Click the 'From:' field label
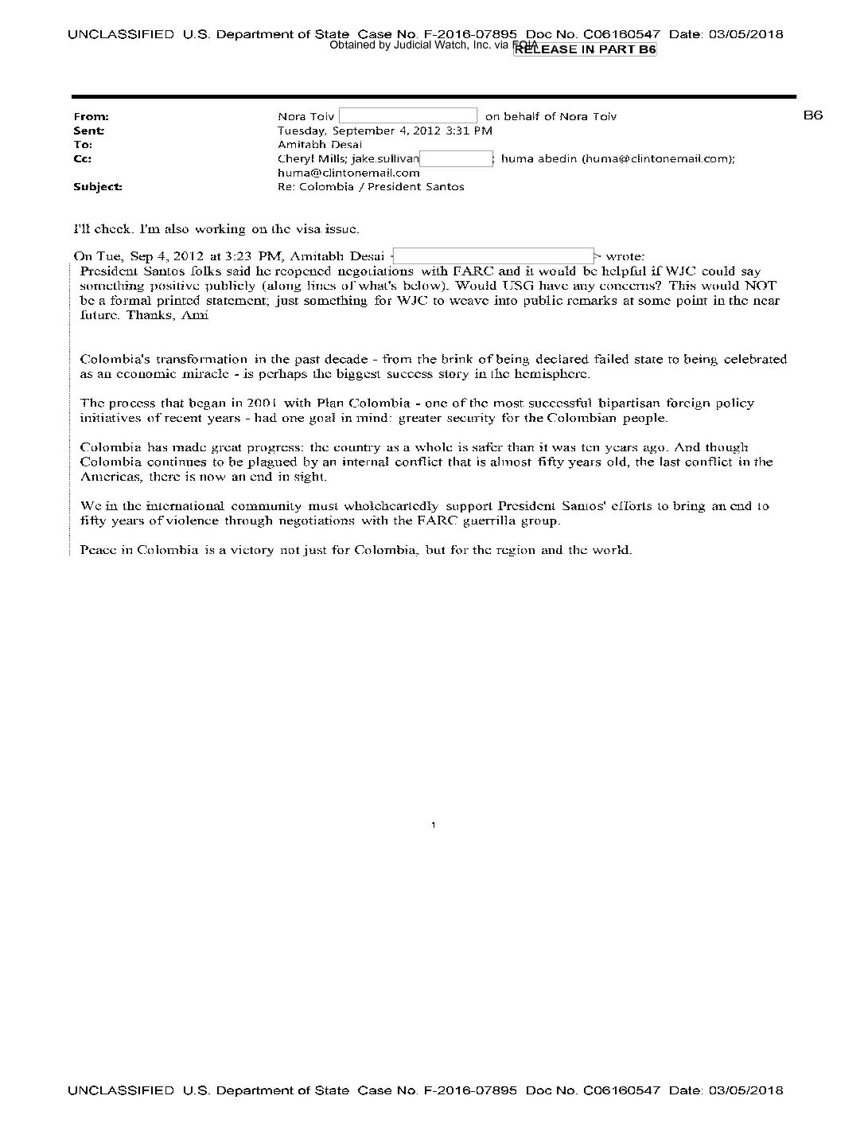pos(91,117)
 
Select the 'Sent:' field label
pos(89,131)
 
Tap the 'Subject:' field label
pos(98,187)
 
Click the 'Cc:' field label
pos(82,158)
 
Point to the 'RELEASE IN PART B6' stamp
pos(586,49)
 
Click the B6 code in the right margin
pos(812,115)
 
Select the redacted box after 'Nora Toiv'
pos(408,116)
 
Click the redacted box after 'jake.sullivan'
pos(457,158)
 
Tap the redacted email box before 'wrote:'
pos(493,256)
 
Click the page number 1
pos(434,825)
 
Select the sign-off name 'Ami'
pos(196,315)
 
